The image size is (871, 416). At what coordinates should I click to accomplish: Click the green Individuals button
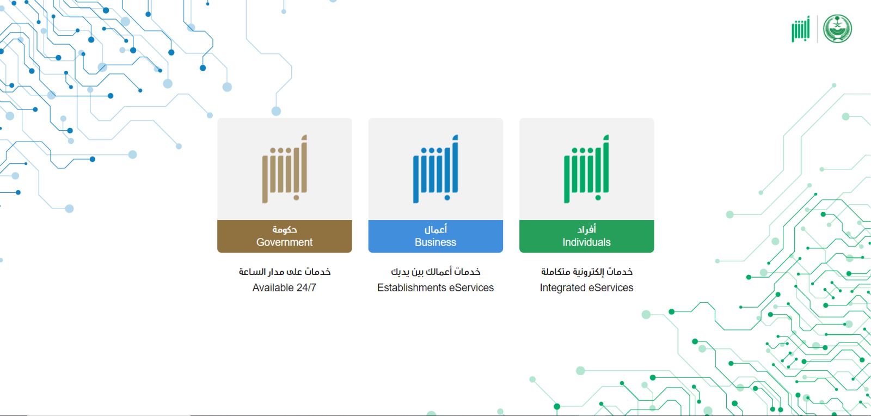click(586, 236)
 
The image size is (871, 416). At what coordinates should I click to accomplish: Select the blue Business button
click(436, 236)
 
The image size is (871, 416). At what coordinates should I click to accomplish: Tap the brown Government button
click(285, 236)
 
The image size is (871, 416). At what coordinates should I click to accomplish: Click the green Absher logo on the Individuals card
click(586, 169)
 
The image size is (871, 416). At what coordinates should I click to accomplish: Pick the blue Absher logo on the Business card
click(436, 169)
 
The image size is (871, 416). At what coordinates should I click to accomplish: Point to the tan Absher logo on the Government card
click(285, 169)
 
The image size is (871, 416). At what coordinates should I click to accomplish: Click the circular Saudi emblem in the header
click(838, 29)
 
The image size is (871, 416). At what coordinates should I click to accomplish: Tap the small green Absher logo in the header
click(801, 29)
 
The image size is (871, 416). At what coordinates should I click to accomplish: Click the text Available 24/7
click(284, 287)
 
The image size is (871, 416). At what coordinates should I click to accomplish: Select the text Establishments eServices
click(436, 287)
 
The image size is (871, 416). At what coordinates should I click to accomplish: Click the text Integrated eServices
click(586, 287)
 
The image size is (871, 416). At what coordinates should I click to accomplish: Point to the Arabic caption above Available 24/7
click(285, 272)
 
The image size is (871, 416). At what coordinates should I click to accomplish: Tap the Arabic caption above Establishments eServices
click(436, 272)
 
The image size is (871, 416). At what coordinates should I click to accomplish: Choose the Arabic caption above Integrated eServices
click(587, 272)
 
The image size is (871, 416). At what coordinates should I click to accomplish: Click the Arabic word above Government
click(285, 230)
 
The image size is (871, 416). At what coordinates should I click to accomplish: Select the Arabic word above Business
click(436, 229)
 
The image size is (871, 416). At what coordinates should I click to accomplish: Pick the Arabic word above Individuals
click(587, 229)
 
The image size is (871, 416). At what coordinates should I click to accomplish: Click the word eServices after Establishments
click(471, 287)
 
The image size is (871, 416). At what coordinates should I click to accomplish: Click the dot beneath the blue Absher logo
click(447, 198)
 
